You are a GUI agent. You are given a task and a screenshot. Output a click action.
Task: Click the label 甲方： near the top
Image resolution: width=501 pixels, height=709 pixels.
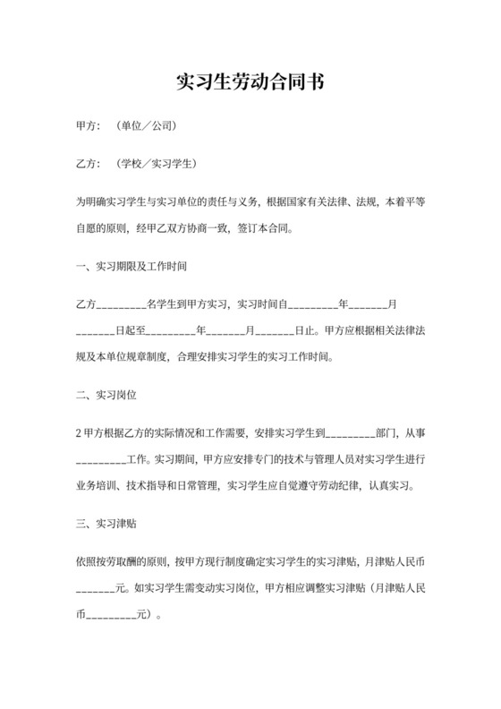coord(90,127)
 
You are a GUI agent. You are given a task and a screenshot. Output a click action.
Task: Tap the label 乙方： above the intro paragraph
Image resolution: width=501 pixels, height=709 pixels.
coord(90,166)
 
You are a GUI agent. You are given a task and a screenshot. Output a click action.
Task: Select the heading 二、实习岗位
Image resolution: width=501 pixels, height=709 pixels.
coord(106,395)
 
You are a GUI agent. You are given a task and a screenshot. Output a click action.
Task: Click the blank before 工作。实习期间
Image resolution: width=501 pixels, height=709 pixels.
coord(102,461)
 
